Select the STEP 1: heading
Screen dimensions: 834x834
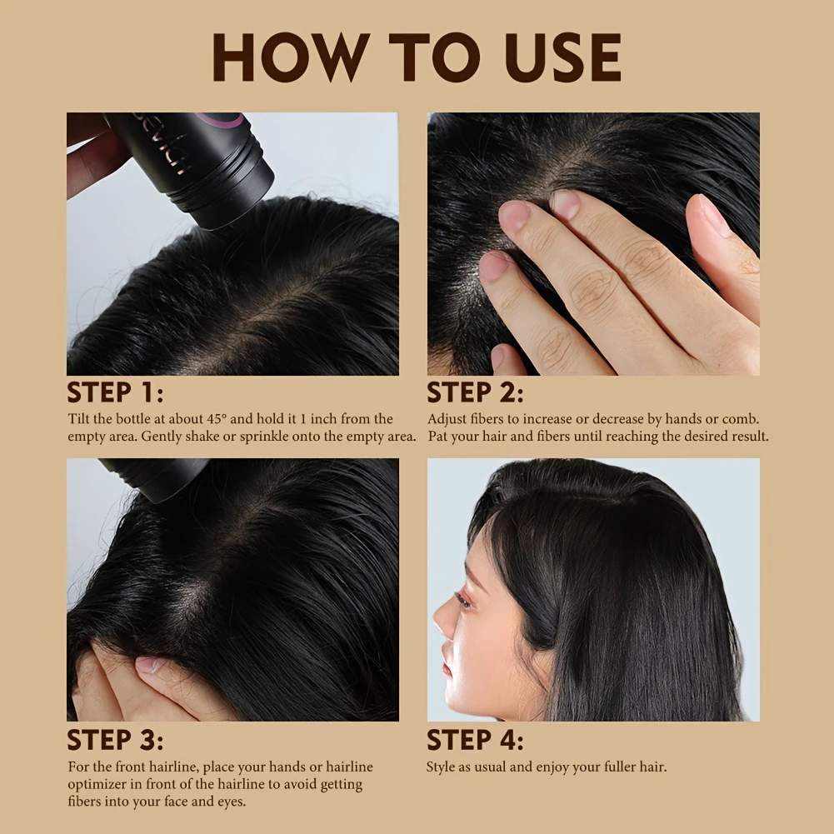click(115, 392)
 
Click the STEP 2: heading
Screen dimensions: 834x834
click(475, 392)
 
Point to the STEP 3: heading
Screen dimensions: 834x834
click(115, 739)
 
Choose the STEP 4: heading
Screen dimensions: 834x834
click(475, 739)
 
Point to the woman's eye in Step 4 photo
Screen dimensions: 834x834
click(464, 602)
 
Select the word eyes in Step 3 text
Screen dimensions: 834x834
click(231, 802)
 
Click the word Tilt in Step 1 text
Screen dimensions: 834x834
click(78, 418)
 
